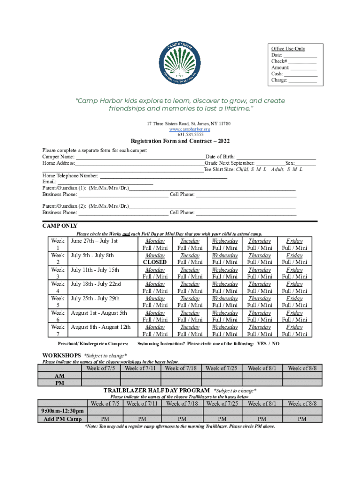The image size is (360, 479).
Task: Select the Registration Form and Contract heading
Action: [180, 141]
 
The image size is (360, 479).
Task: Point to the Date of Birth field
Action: [276, 157]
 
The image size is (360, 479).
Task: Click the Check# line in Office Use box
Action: [294, 61]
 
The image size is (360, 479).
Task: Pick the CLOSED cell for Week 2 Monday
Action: [155, 262]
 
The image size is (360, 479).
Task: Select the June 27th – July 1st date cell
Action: [94, 241]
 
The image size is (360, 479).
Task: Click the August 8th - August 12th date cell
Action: [101, 327]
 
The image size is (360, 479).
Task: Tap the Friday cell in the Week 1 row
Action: [294, 244]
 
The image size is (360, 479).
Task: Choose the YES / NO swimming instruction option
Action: [268, 344]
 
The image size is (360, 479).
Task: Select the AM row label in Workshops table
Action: [60, 376]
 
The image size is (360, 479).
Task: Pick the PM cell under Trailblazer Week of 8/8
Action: [302, 419]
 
